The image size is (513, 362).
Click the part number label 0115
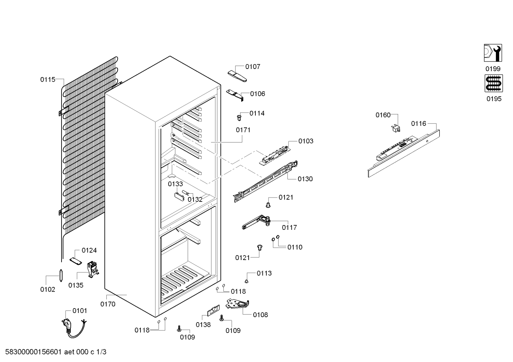48,80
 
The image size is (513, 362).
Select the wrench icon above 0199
493,53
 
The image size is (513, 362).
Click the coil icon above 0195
494,83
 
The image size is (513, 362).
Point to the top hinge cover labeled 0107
237,76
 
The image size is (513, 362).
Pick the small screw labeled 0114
239,118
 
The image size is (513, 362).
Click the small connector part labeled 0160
396,128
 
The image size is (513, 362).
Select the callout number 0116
418,124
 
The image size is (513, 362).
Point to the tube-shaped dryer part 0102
61,276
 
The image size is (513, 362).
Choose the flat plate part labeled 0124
75,261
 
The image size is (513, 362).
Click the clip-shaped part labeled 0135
93,269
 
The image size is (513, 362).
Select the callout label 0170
108,304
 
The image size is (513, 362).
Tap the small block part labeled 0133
179,197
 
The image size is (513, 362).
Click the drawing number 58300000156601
33,352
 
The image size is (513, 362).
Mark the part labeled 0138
213,310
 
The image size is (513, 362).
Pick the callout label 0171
243,130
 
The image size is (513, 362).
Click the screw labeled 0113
247,281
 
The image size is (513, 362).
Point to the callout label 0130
305,179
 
